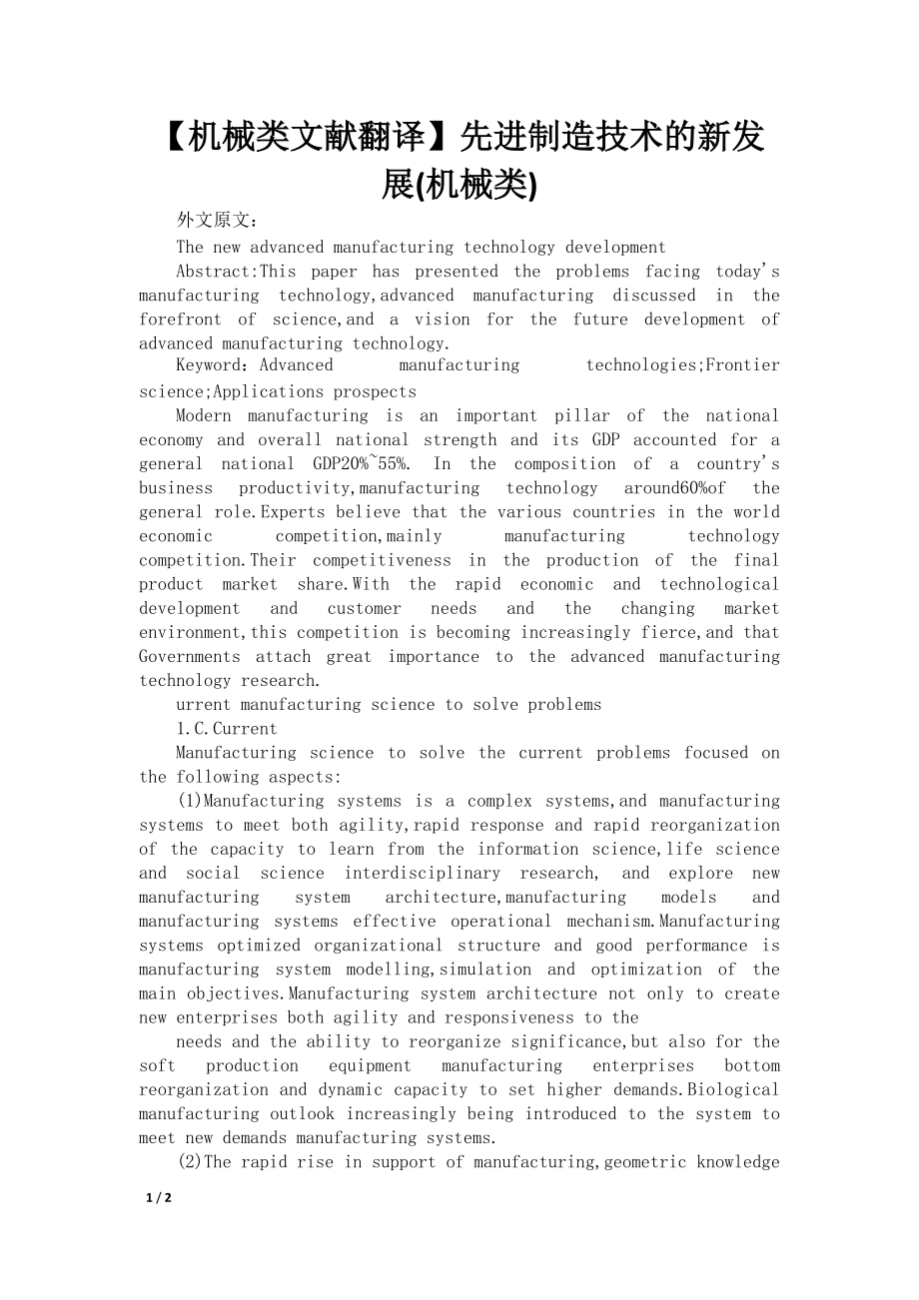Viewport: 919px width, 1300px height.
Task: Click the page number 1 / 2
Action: [x=159, y=1198]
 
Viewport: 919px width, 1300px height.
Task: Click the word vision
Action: [x=442, y=320]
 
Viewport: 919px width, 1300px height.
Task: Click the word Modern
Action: [x=204, y=415]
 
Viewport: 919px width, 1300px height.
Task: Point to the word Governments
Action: [x=190, y=656]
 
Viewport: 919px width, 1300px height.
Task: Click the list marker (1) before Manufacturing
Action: [x=190, y=801]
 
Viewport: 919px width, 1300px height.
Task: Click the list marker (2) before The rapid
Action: [x=190, y=1161]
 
